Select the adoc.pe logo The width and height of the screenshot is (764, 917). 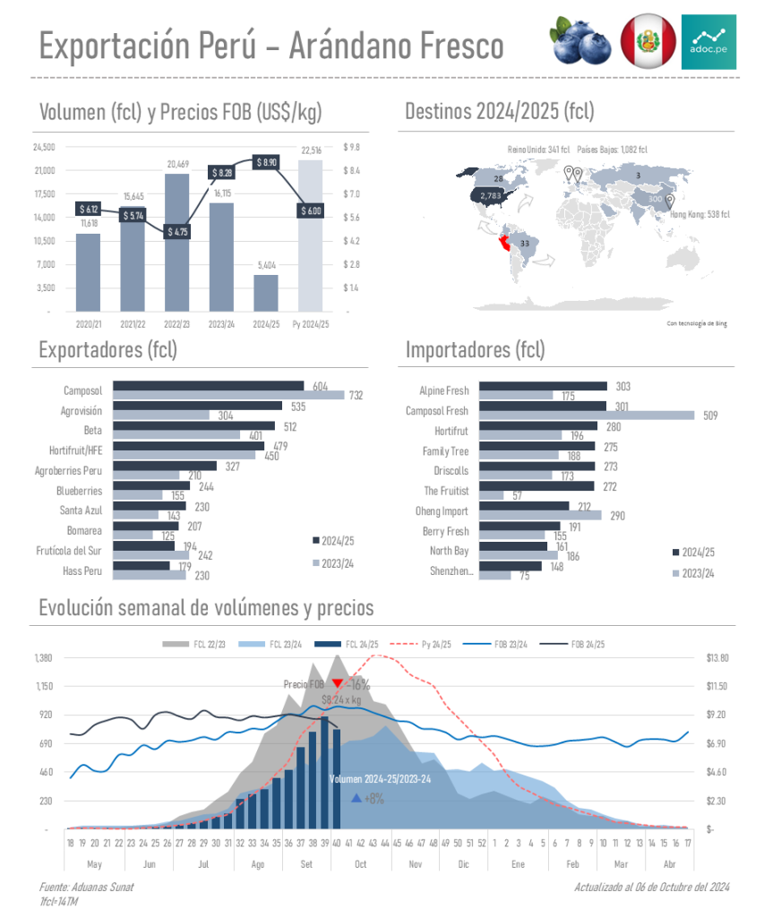(x=708, y=41)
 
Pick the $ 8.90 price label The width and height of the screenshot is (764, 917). (x=266, y=162)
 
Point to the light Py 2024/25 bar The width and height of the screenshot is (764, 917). (x=311, y=235)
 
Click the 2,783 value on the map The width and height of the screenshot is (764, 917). (x=490, y=195)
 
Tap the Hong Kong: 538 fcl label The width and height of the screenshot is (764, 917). (x=700, y=215)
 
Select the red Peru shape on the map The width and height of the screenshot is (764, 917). (x=508, y=243)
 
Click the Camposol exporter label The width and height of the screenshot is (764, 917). (x=83, y=391)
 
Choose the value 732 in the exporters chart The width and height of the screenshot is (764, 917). (x=356, y=395)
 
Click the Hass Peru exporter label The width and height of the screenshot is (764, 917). (x=82, y=570)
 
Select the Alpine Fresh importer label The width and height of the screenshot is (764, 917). (x=443, y=391)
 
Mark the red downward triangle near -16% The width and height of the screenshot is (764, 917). (x=337, y=684)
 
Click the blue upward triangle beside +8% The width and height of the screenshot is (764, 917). (x=356, y=798)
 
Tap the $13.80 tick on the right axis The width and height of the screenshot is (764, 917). (x=717, y=658)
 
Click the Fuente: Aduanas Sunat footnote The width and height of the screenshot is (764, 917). (x=86, y=887)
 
